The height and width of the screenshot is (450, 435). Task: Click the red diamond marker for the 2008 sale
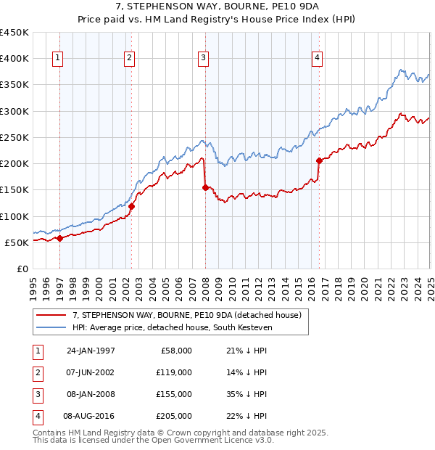[205, 187]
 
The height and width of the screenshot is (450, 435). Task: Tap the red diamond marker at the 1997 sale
[59, 238]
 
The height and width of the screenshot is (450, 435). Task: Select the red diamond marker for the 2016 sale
[319, 160]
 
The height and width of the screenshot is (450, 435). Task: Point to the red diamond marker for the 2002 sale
[131, 206]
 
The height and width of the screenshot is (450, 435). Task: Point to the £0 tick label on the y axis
[22, 269]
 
